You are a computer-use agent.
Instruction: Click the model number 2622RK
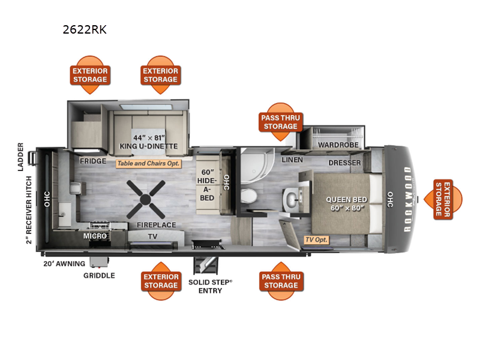pos(85,29)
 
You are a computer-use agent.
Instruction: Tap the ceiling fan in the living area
pos(146,199)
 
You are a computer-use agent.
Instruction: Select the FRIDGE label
pos(93,161)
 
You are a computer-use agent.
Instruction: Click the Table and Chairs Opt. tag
pos(148,163)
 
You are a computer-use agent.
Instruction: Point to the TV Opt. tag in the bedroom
pos(317,239)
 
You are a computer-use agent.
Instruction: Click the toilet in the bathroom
pos(248,196)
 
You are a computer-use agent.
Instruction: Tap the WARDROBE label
pos(338,145)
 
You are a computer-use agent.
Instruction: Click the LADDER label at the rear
pos(20,157)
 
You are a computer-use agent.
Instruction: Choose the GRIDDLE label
pos(99,275)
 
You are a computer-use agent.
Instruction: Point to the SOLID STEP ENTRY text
pos(211,286)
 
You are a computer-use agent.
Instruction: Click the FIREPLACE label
pos(157,225)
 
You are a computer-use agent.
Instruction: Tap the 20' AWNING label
pos(64,263)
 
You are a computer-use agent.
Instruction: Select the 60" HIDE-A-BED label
pos(207,185)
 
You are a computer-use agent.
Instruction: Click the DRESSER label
pos(344,163)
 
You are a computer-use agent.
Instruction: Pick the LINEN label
pos(292,160)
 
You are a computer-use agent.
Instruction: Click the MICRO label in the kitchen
pos(95,236)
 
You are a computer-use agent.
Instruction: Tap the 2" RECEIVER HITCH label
pos(29,210)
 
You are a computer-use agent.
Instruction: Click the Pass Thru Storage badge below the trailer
pos(281,281)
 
